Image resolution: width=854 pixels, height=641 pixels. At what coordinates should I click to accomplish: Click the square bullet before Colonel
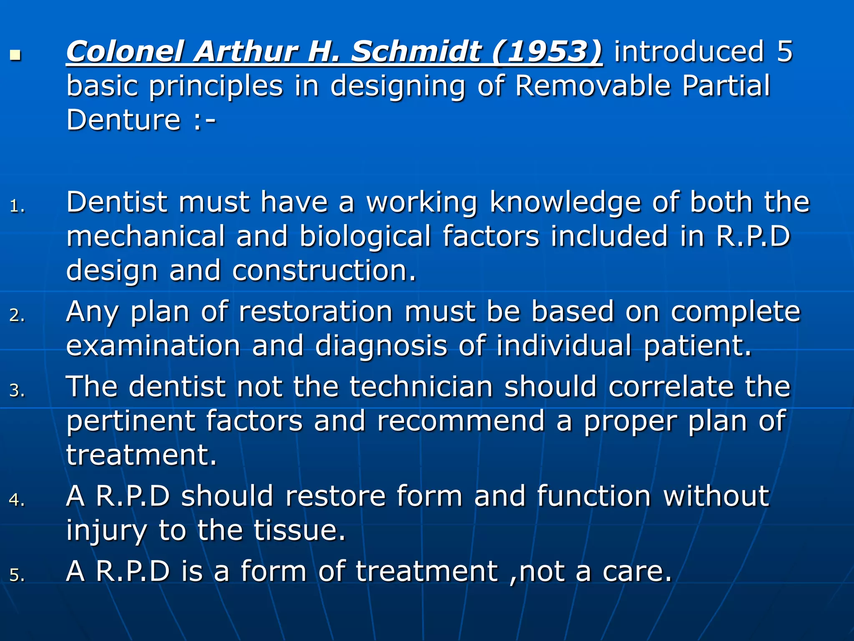(x=15, y=55)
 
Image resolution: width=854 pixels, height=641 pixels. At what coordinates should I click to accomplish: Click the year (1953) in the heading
(x=547, y=52)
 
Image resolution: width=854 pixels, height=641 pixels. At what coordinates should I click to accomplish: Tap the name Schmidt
(x=416, y=52)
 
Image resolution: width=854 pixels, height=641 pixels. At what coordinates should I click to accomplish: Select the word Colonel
(x=126, y=52)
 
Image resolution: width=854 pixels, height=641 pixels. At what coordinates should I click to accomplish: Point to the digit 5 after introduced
(x=784, y=52)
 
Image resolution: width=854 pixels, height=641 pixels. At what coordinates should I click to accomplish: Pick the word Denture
(x=123, y=120)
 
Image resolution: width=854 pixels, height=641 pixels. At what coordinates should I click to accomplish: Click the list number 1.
(x=16, y=206)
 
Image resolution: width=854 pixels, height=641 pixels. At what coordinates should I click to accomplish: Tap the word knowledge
(x=565, y=203)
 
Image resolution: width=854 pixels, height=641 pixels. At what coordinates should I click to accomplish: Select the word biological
(x=365, y=236)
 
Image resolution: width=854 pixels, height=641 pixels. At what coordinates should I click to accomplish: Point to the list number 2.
(x=16, y=315)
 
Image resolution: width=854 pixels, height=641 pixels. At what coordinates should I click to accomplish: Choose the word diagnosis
(x=381, y=346)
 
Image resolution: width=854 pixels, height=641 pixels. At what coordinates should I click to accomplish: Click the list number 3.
(x=16, y=391)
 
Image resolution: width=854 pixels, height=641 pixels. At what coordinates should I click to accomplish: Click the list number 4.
(x=16, y=500)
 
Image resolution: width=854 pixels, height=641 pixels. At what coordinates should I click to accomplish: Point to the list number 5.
(x=16, y=575)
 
